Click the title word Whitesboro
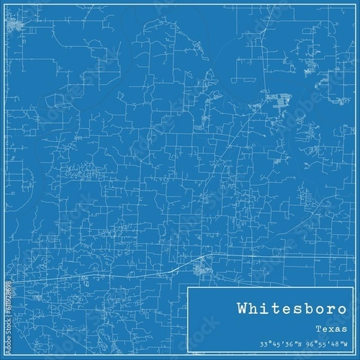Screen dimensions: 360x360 tap(292, 310)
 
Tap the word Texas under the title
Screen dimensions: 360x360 tap(330, 329)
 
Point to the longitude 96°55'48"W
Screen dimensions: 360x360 tap(324, 344)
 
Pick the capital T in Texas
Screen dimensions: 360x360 tap(317, 329)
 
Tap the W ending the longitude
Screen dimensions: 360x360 tap(345, 344)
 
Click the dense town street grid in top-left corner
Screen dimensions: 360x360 tap(14, 25)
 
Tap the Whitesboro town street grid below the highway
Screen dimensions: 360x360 tap(202, 269)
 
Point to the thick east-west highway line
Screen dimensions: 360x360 tap(270, 257)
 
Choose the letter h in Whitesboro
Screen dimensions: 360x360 tap(256, 310)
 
